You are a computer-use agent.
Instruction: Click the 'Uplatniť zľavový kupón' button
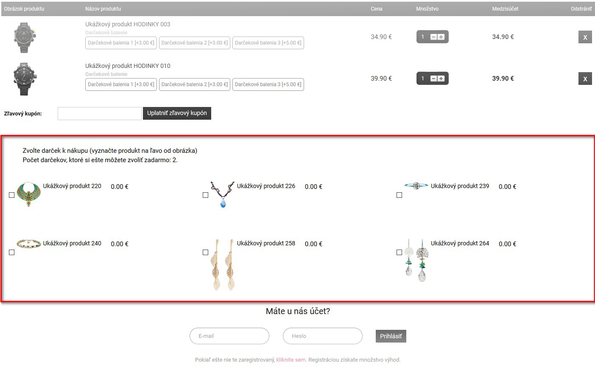point(177,113)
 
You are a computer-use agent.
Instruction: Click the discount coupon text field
point(100,114)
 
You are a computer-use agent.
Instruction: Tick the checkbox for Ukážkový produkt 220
point(12,195)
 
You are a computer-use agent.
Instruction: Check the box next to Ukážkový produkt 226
point(205,195)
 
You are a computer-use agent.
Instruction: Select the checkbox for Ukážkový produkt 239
point(399,195)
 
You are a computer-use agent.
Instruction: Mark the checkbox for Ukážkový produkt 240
point(12,253)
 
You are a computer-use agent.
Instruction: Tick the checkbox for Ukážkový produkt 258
point(205,253)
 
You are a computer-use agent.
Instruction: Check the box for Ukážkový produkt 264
point(399,253)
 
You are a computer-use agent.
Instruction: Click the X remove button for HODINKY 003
point(585,37)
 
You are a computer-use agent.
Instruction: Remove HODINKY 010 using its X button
point(585,79)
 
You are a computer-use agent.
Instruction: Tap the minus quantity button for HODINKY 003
point(433,37)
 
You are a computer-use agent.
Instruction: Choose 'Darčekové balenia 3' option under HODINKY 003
point(268,43)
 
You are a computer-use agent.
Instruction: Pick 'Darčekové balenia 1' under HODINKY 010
point(121,84)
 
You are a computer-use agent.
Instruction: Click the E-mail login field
point(229,336)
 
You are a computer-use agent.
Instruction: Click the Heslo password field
point(322,336)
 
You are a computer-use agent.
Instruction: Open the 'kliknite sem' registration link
point(291,360)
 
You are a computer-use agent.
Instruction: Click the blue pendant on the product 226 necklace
point(223,204)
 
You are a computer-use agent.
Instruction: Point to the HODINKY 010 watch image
point(25,79)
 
